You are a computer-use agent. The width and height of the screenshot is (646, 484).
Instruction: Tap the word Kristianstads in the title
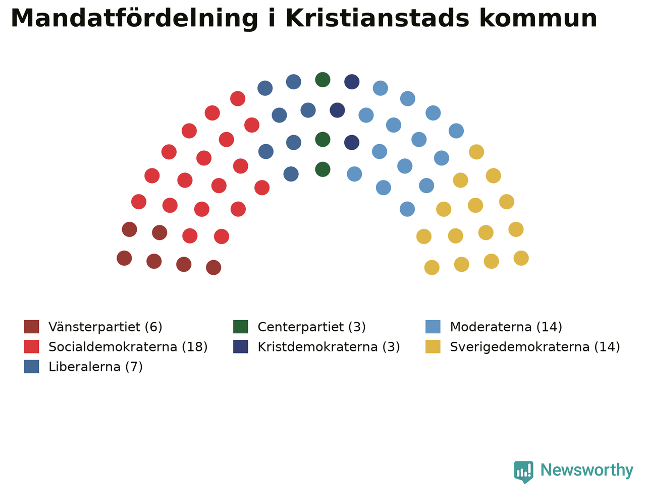pyautogui.click(x=378, y=18)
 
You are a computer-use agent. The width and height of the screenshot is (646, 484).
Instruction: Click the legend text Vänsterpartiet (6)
pyautogui.click(x=105, y=327)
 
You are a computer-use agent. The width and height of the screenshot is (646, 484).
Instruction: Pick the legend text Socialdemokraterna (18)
pyautogui.click(x=128, y=347)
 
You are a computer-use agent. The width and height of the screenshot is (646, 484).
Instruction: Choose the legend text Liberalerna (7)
pyautogui.click(x=96, y=367)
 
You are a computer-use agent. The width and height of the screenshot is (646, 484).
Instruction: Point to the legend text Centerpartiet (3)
pyautogui.click(x=312, y=327)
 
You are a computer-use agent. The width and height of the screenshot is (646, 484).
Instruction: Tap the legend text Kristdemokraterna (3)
pyautogui.click(x=329, y=347)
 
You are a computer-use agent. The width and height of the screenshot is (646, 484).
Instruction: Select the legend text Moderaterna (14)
pyautogui.click(x=506, y=327)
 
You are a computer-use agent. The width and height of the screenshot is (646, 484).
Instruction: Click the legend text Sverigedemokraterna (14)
pyautogui.click(x=535, y=347)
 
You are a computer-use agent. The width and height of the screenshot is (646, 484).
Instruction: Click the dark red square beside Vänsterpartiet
pyautogui.click(x=31, y=327)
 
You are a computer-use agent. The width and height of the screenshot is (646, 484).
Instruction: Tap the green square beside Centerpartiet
pyautogui.click(x=241, y=327)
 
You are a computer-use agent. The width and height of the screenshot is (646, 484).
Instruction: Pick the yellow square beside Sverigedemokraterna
pyautogui.click(x=433, y=347)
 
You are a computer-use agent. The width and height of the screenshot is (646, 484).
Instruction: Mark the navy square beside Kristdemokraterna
pyautogui.click(x=241, y=347)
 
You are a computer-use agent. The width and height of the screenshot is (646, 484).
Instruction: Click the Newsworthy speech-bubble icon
pyautogui.click(x=523, y=471)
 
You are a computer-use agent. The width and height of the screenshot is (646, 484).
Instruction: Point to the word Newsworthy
pyautogui.click(x=587, y=470)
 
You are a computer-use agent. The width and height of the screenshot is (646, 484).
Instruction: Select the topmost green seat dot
pyautogui.click(x=322, y=80)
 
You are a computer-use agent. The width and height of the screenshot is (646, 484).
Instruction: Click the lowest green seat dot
pyautogui.click(x=322, y=169)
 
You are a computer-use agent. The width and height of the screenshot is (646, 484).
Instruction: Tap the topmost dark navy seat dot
pyautogui.click(x=352, y=82)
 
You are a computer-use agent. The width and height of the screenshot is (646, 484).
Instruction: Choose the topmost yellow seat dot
pyautogui.click(x=476, y=152)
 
